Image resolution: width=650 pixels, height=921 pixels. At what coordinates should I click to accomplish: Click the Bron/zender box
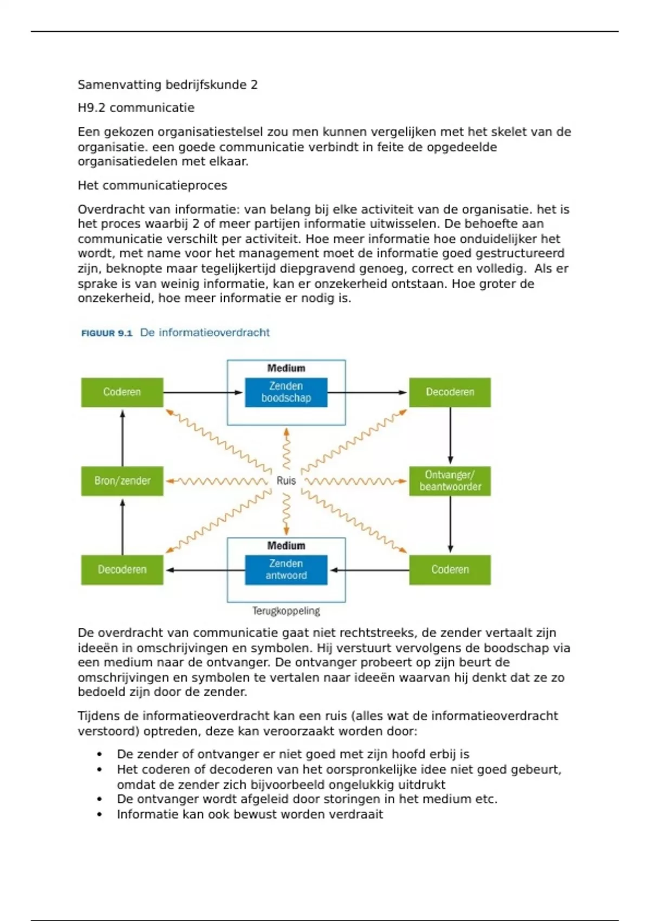click(x=122, y=481)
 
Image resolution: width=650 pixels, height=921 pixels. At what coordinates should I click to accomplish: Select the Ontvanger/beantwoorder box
click(x=450, y=481)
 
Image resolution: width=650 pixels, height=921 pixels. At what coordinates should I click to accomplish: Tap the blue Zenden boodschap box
click(x=286, y=392)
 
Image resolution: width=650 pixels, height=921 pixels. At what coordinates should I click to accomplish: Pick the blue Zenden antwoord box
click(x=286, y=569)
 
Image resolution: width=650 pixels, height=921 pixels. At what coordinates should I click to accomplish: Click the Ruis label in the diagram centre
click(x=286, y=481)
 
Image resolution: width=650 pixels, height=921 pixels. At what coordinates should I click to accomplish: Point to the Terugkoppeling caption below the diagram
click(x=286, y=611)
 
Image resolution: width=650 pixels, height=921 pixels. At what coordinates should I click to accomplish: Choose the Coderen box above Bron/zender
click(x=122, y=392)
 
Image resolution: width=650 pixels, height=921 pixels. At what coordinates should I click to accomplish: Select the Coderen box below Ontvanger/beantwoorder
click(x=450, y=569)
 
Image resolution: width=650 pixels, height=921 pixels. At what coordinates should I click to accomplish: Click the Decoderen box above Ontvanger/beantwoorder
click(x=450, y=392)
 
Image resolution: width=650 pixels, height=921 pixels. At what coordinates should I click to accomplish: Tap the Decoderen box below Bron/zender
click(x=122, y=569)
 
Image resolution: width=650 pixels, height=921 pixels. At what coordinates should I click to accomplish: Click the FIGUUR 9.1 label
click(x=107, y=333)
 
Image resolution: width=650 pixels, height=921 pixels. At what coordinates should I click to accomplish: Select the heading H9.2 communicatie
click(x=136, y=108)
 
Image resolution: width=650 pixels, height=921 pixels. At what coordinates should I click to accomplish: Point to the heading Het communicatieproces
click(x=152, y=185)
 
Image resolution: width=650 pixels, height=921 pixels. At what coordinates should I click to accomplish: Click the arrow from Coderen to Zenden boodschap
click(x=203, y=392)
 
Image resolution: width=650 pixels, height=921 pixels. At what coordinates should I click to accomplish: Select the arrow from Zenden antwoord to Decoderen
click(x=206, y=569)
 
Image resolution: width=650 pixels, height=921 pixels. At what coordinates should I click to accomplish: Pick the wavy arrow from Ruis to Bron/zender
click(x=217, y=481)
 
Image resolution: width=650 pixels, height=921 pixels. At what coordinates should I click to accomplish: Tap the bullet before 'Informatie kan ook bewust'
click(x=100, y=814)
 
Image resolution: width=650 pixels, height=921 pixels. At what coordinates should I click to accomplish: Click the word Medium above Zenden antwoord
click(x=286, y=546)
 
